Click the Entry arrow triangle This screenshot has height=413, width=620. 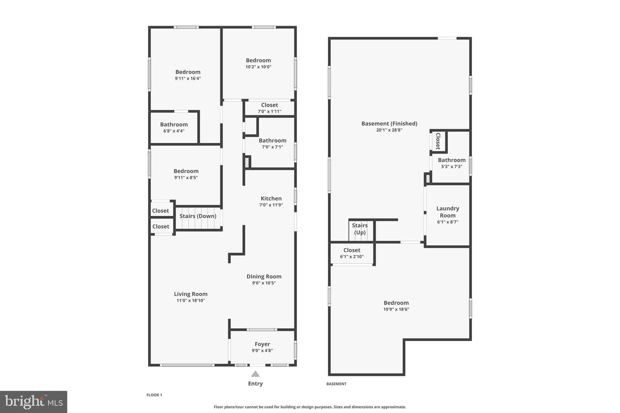[x=255, y=374]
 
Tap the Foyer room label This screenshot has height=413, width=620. [x=262, y=344]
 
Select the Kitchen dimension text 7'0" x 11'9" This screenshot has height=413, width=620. [x=271, y=205]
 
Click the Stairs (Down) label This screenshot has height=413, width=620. [x=198, y=216]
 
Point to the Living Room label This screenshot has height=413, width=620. [x=191, y=294]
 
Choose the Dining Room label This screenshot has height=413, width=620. [x=264, y=276]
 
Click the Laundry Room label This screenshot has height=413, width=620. [x=448, y=212]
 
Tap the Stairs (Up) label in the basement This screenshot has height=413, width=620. [x=360, y=229]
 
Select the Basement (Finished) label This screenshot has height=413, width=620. [x=389, y=123]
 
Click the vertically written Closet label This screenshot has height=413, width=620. [x=438, y=141]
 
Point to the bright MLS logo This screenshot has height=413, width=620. [x=34, y=402]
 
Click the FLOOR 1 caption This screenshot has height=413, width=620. [x=154, y=395]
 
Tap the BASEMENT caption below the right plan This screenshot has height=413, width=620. [x=336, y=384]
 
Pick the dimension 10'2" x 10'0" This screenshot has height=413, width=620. [x=258, y=67]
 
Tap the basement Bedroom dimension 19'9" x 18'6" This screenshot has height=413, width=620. [x=396, y=309]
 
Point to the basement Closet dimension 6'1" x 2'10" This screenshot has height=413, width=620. [x=352, y=257]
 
